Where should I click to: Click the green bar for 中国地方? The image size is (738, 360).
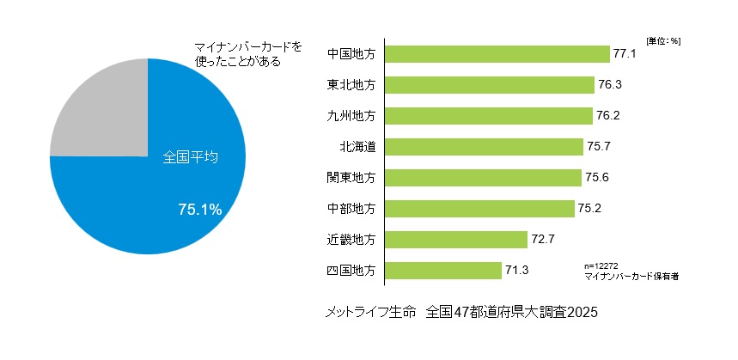click(497, 54)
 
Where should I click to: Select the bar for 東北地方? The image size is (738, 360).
click(490, 85)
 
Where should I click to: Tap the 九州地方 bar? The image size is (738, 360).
click(489, 116)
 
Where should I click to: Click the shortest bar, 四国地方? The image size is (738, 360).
click(443, 271)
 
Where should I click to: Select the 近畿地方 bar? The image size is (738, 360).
click(456, 240)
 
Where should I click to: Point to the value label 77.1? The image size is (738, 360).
click(624, 54)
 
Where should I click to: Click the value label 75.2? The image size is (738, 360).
click(589, 209)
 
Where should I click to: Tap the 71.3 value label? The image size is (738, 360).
click(516, 271)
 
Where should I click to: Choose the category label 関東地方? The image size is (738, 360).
click(351, 178)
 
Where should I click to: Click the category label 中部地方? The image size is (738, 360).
click(351, 209)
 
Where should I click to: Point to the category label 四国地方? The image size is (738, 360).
click(351, 271)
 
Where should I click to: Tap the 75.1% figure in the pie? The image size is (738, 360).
click(200, 209)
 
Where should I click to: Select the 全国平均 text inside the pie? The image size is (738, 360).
click(191, 158)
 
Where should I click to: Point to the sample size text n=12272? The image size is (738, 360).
click(601, 265)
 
